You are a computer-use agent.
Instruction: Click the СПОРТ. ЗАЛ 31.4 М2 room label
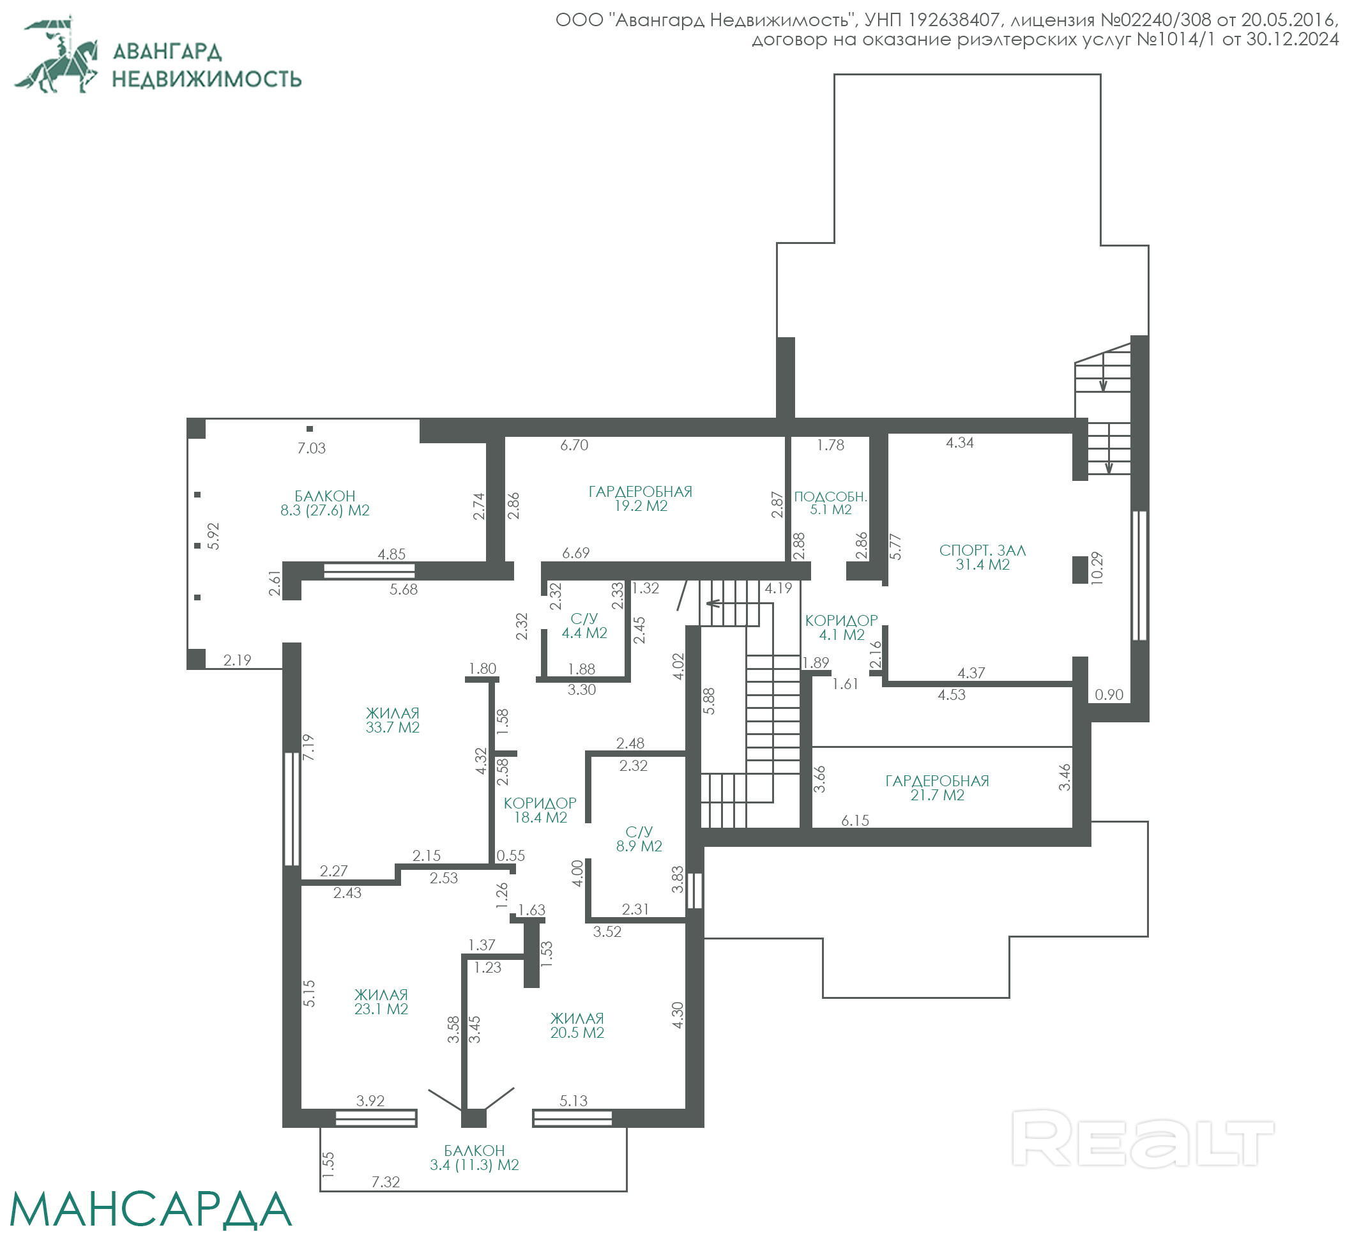(982, 557)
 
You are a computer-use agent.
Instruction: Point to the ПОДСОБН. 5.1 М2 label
(831, 503)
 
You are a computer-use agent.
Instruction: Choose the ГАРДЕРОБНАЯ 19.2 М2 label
(641, 499)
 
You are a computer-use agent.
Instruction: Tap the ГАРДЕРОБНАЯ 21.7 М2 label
(938, 787)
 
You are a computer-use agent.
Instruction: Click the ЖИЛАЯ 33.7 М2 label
(392, 720)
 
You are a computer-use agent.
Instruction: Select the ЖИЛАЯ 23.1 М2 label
(381, 1001)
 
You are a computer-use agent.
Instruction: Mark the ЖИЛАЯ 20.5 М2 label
(577, 1025)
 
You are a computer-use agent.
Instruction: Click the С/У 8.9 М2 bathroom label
(639, 839)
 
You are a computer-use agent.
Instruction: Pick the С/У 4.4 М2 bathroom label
(584, 625)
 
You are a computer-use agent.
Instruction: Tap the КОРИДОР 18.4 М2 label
(540, 810)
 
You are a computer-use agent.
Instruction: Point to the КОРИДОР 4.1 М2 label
(842, 628)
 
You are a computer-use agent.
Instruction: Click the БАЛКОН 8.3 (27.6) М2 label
(324, 503)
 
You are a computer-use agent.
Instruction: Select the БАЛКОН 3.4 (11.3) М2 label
(474, 1157)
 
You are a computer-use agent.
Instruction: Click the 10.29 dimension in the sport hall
(1097, 568)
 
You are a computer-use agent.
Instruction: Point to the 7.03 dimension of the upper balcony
(312, 448)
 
